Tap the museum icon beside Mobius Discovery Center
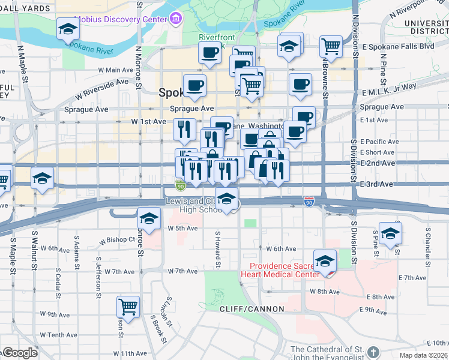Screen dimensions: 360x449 click(x=176, y=19)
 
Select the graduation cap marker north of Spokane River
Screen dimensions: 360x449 click(x=68, y=29)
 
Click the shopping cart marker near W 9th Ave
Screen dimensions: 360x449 click(x=128, y=307)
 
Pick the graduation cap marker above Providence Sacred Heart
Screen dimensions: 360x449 click(x=325, y=260)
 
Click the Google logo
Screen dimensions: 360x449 click(x=19, y=353)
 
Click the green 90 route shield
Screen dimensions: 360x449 click(x=181, y=186)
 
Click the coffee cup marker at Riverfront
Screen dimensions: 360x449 click(x=209, y=53)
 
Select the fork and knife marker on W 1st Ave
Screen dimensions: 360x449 click(x=184, y=128)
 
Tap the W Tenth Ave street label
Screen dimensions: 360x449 click(x=58, y=335)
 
